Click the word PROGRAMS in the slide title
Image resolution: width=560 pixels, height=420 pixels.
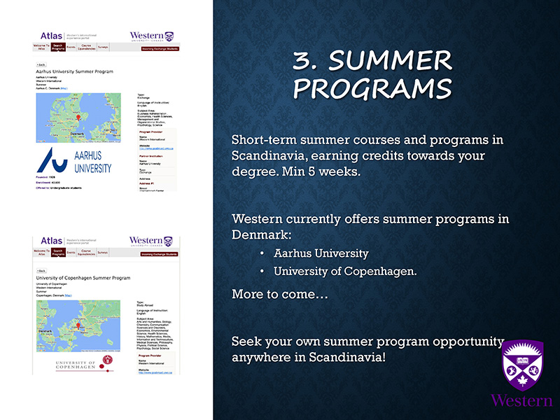tap(372, 90)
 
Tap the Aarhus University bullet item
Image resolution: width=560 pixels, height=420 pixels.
tap(321, 253)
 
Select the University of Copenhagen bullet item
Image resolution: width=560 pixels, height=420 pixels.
tap(344, 271)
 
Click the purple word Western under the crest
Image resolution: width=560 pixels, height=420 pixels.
tap(521, 400)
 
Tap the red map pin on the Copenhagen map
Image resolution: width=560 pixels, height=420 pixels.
tap(83, 323)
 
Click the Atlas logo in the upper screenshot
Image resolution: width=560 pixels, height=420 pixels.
tap(51, 36)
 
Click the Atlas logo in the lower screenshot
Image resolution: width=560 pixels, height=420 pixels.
tap(51, 241)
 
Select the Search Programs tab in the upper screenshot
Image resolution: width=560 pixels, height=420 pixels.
tap(57, 48)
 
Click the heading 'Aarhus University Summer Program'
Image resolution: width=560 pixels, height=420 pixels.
tap(74, 71)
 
